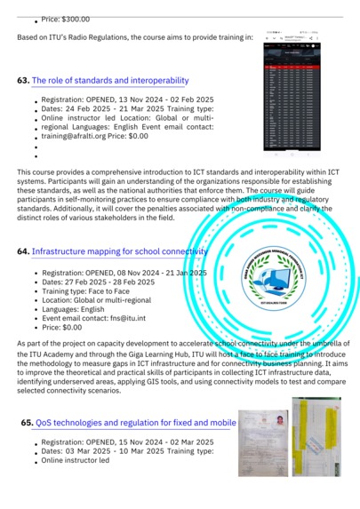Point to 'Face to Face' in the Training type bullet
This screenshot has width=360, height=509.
pyautogui.click(x=117, y=291)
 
